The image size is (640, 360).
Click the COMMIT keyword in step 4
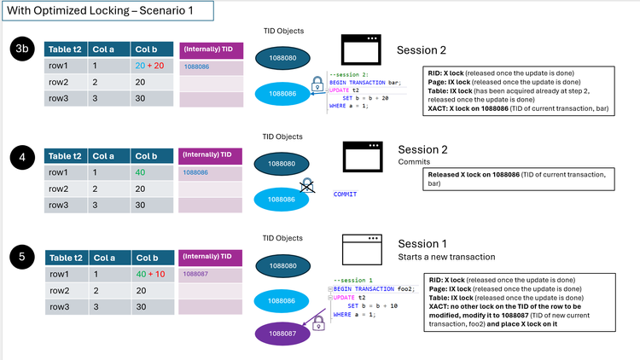pyautogui.click(x=345, y=195)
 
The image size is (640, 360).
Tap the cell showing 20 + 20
pyautogui.click(x=151, y=66)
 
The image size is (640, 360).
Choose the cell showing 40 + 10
pyautogui.click(x=151, y=275)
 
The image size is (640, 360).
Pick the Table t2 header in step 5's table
pyautogui.click(x=66, y=257)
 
